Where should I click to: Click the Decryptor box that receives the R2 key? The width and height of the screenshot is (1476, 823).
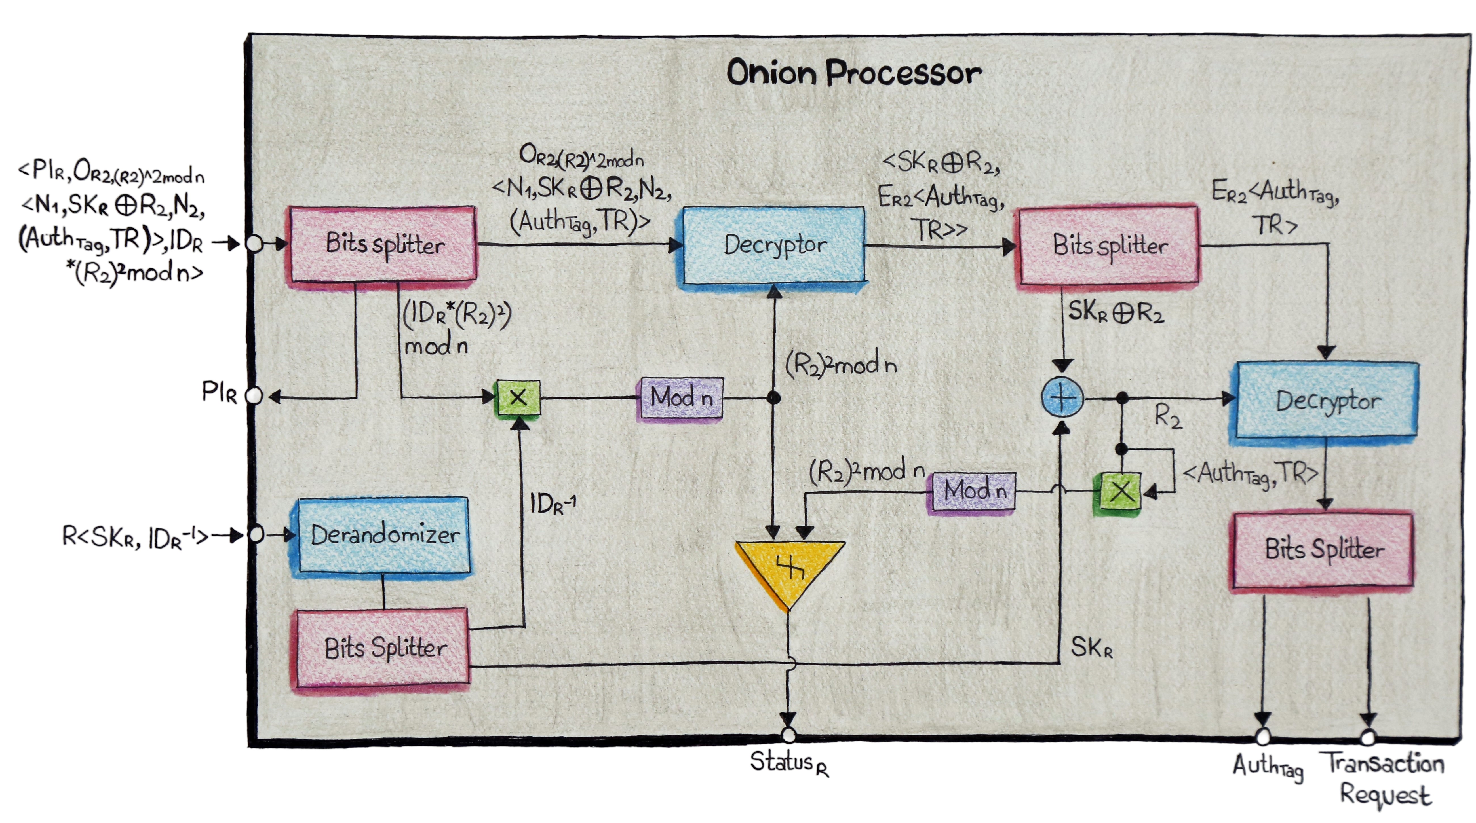(1327, 400)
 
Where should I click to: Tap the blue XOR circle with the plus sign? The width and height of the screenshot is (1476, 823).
(1062, 397)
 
